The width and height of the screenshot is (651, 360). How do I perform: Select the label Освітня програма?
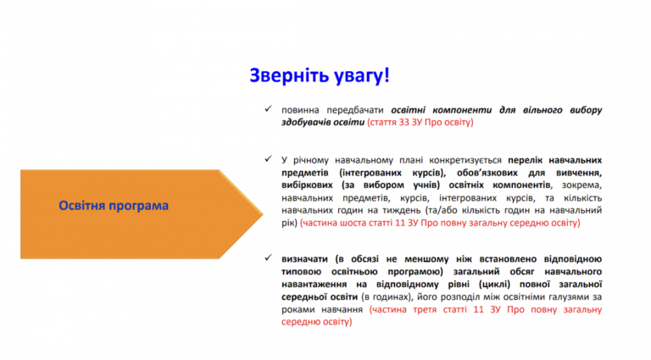[114, 206]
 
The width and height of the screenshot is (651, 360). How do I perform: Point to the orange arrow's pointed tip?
[263, 214]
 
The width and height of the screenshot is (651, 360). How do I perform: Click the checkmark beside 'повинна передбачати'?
[268, 109]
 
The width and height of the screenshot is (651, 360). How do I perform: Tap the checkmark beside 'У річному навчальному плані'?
[268, 159]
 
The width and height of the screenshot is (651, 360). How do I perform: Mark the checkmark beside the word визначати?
[268, 258]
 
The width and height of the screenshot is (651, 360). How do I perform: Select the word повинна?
[300, 110]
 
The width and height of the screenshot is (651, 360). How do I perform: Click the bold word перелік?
[526, 160]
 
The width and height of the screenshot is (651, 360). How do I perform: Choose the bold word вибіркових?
[307, 185]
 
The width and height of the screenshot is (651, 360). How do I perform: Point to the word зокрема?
[581, 186]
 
